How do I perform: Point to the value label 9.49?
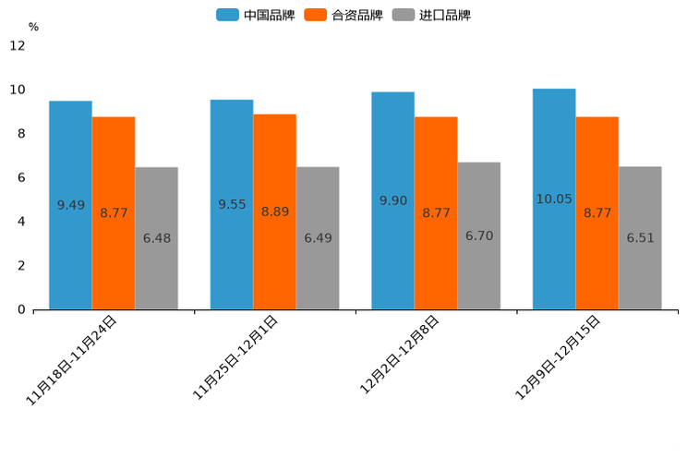coord(71,205)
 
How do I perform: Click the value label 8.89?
coord(275,211)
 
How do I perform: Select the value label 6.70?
coord(479,236)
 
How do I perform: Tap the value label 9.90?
coord(393,200)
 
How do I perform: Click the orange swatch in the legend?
coord(316,15)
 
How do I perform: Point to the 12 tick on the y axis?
coord(18,45)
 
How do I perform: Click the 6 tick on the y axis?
coord(21,177)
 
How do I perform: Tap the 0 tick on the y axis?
coord(21,309)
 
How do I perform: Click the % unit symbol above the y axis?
coord(33,27)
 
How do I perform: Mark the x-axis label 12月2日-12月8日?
coord(399,356)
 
